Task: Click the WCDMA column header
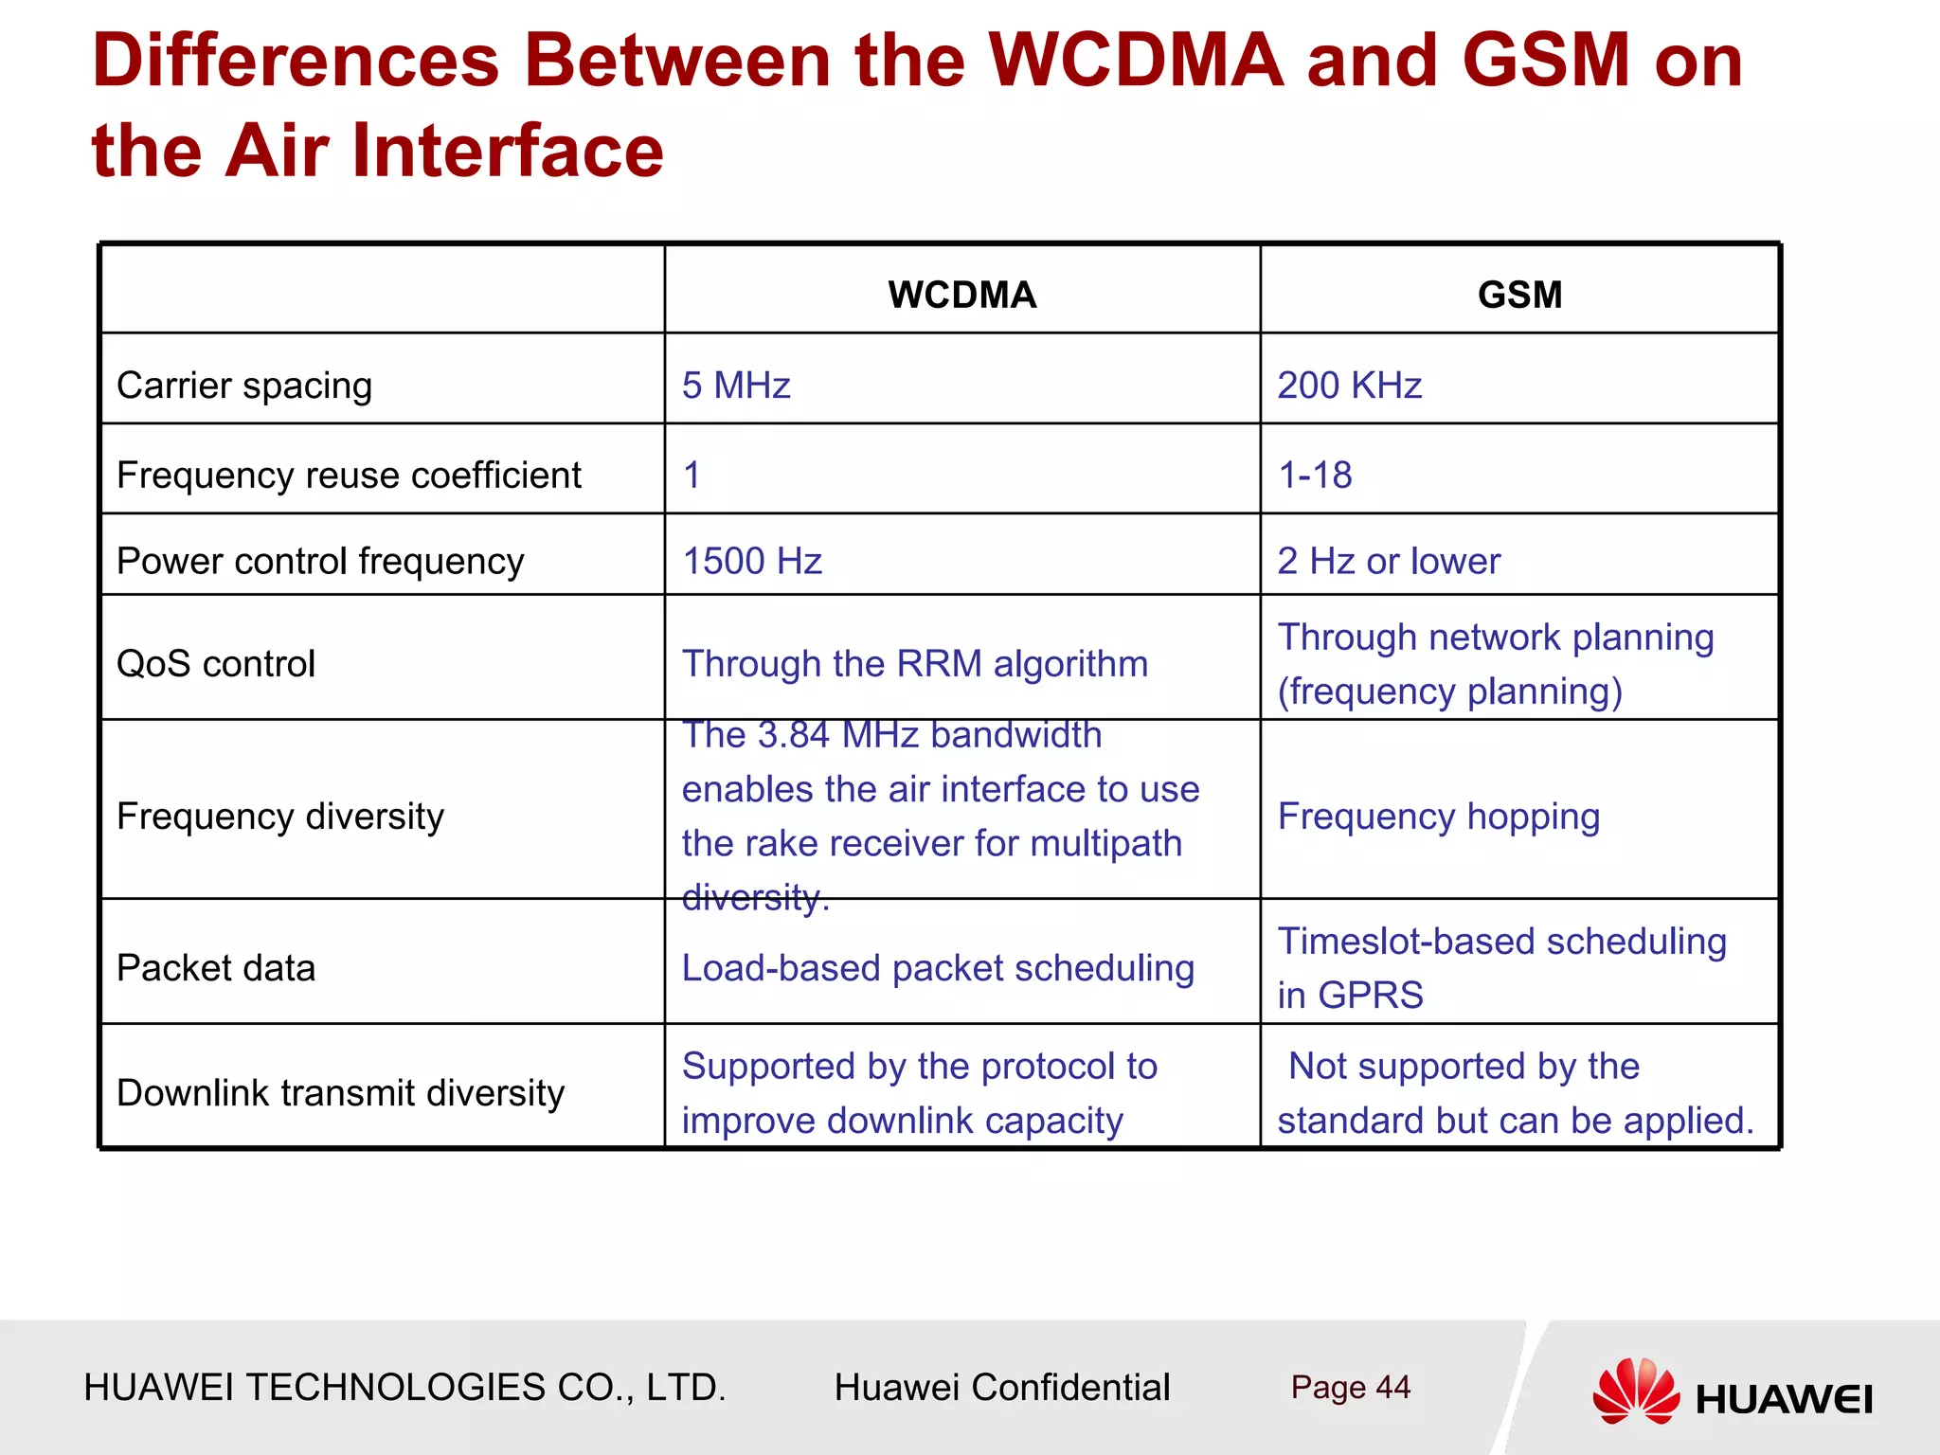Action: [x=961, y=295]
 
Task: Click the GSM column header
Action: [x=1519, y=295]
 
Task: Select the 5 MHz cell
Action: [x=736, y=386]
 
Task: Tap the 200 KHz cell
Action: [x=1349, y=386]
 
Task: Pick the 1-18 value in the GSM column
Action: [x=1315, y=475]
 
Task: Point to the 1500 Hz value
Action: [x=752, y=561]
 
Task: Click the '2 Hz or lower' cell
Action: [x=1389, y=561]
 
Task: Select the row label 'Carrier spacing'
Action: [x=244, y=386]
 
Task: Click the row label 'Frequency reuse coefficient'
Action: [x=349, y=475]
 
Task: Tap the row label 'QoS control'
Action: [x=216, y=663]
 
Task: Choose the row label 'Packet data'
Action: [x=216, y=968]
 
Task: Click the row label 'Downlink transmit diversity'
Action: [x=340, y=1093]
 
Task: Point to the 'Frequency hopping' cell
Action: [x=1438, y=817]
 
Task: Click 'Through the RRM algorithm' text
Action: [x=915, y=663]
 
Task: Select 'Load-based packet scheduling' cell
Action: [x=938, y=968]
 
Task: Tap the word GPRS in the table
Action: [x=1371, y=996]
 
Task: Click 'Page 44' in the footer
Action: [x=1350, y=1388]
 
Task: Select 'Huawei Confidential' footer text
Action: [x=1002, y=1388]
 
